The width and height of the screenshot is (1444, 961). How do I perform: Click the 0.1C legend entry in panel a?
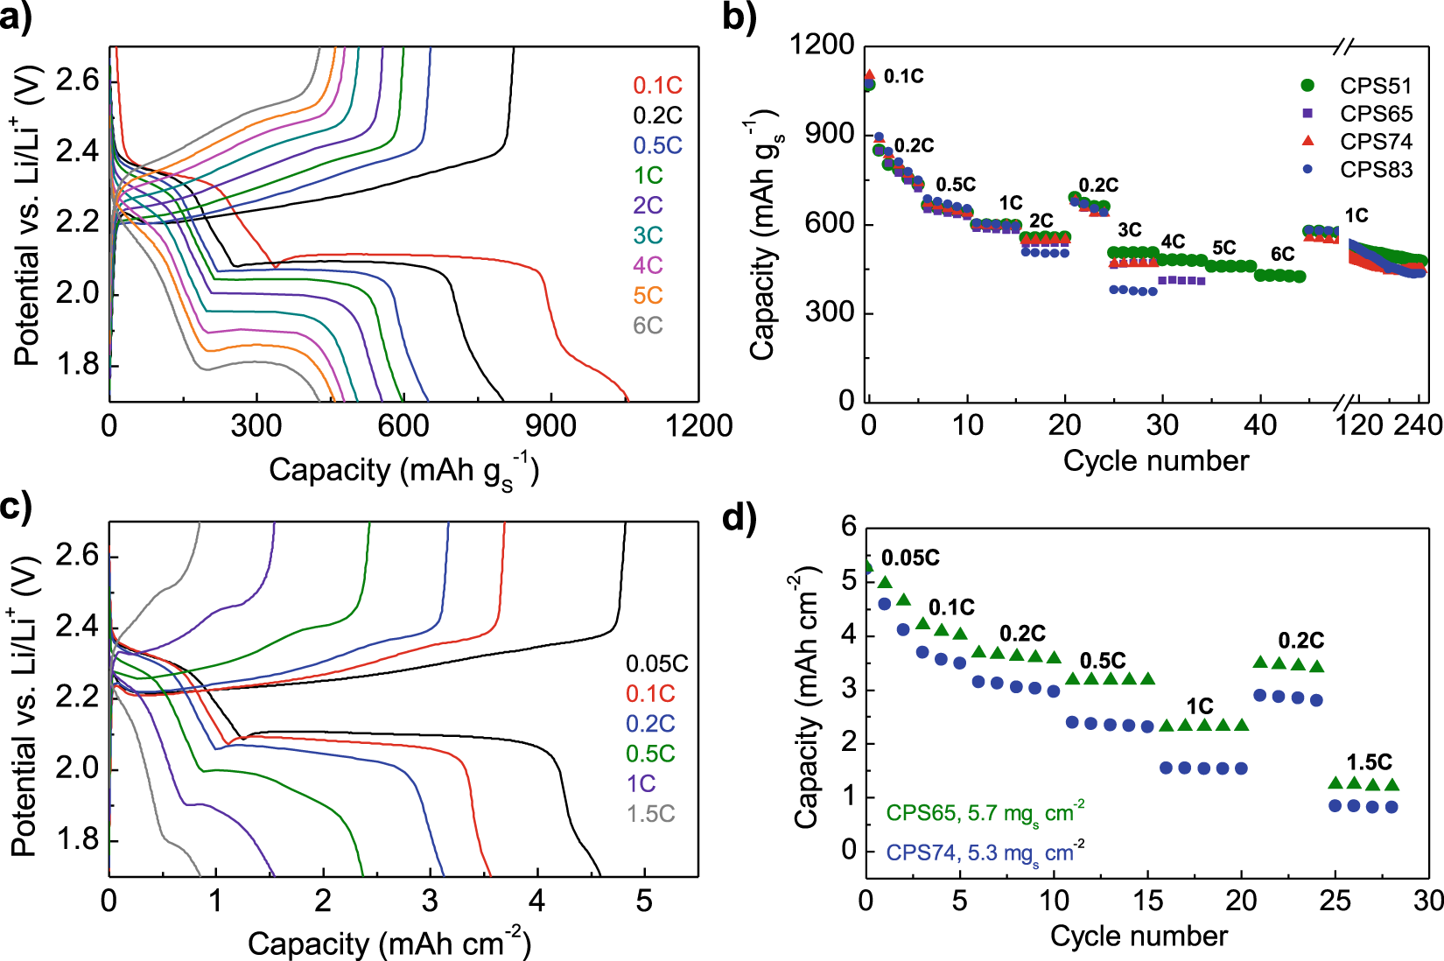coord(657,86)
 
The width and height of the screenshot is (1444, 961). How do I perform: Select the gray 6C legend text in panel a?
coord(648,326)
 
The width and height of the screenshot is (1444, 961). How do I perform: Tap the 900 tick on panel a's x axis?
coord(550,426)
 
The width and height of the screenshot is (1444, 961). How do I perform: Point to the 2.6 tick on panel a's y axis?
coord(78,81)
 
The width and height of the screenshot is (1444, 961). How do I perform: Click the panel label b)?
coord(740,18)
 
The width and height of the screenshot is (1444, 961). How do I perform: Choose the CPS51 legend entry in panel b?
coord(1376,86)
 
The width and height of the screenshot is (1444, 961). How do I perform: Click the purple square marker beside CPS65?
coord(1307,114)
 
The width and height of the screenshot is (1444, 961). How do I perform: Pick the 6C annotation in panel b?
coord(1282,254)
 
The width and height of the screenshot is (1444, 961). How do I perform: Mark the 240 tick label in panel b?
coord(1418,425)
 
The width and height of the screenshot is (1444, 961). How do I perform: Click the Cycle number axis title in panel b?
coord(1155,460)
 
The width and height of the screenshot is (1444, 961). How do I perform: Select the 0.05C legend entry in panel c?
coord(656,664)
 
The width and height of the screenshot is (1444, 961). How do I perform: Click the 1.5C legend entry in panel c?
coord(650,814)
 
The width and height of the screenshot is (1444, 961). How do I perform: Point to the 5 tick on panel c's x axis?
coord(644,901)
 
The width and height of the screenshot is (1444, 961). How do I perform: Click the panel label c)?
coord(17,507)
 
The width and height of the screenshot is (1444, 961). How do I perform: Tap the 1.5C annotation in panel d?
coord(1369,761)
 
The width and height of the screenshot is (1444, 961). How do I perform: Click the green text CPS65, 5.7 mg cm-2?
coord(985,813)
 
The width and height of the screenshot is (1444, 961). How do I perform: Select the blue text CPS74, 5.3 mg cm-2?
coord(985,852)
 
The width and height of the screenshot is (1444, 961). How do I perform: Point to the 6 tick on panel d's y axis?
coord(848,527)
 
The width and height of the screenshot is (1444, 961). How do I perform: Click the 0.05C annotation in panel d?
coord(910,558)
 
